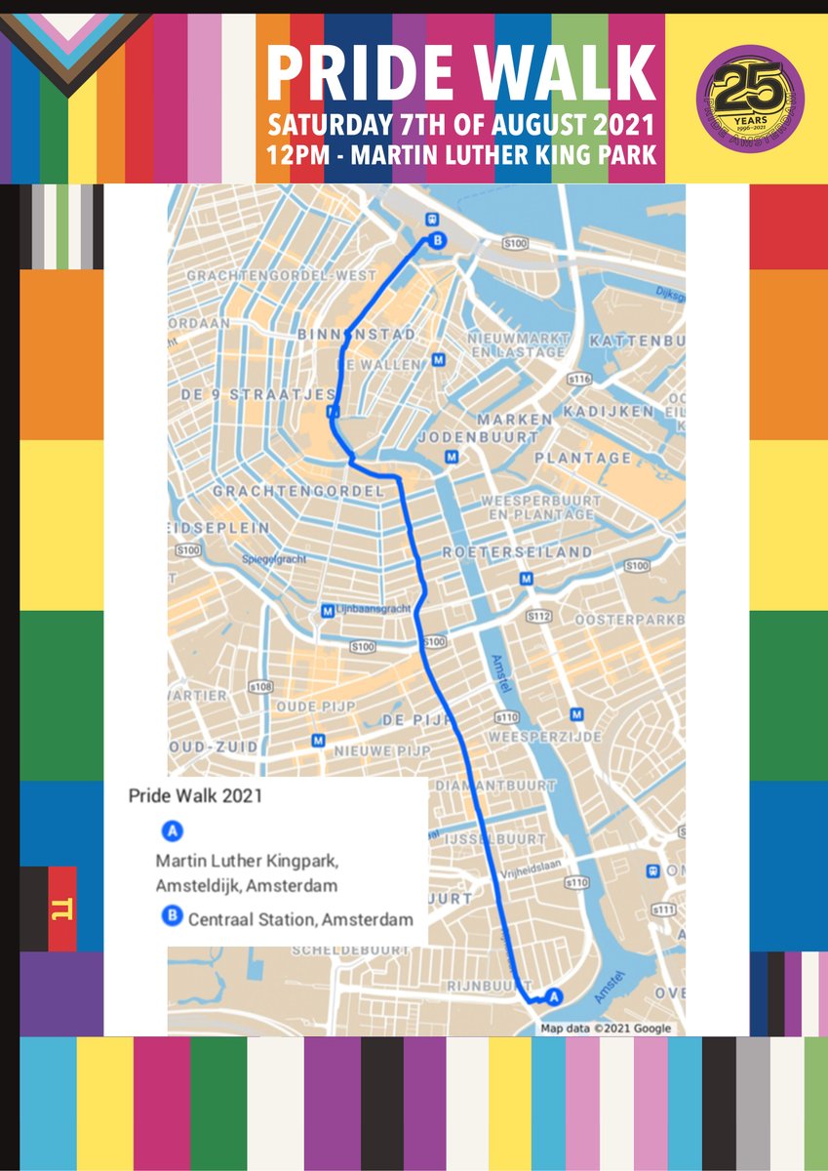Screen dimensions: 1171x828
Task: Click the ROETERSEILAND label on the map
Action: (x=531, y=551)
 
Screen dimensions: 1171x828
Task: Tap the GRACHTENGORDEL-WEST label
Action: (x=281, y=276)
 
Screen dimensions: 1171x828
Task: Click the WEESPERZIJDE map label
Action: (x=545, y=736)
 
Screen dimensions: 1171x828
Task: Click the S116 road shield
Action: (x=580, y=378)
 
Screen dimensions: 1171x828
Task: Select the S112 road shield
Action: (x=539, y=617)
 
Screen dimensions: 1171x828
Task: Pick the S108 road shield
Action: (x=260, y=688)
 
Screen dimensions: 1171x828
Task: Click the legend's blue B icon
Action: (x=172, y=917)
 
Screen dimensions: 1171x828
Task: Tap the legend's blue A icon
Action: (x=172, y=831)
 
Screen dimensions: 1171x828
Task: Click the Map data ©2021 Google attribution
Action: (x=606, y=1028)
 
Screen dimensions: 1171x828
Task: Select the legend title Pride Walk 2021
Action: (x=195, y=794)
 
